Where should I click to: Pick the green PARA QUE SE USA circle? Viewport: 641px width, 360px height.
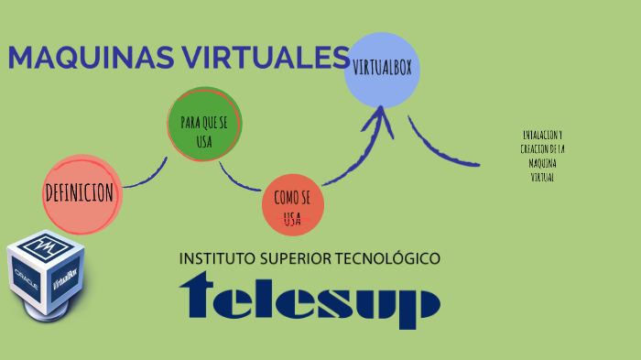click(x=204, y=124)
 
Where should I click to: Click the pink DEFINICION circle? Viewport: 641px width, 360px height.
click(x=81, y=193)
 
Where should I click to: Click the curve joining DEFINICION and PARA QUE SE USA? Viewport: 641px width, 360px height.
click(x=147, y=179)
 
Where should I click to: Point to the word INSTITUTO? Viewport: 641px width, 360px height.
click(x=218, y=258)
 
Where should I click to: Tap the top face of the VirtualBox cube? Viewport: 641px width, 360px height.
click(x=46, y=245)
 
